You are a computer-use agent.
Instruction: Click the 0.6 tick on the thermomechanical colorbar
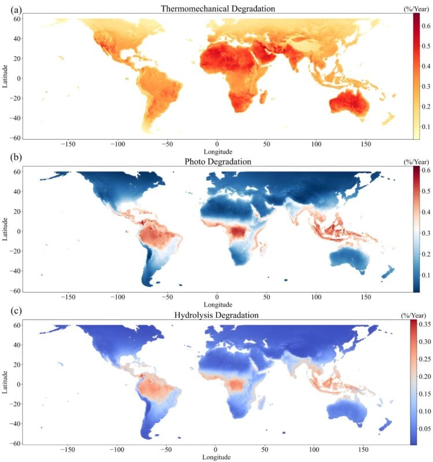(x=425, y=27)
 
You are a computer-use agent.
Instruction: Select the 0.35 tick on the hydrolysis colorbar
(x=426, y=325)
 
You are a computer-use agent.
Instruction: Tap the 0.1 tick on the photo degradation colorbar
(x=425, y=275)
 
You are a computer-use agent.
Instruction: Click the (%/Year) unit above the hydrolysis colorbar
(x=416, y=315)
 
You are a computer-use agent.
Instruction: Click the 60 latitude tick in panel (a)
(x=17, y=19)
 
